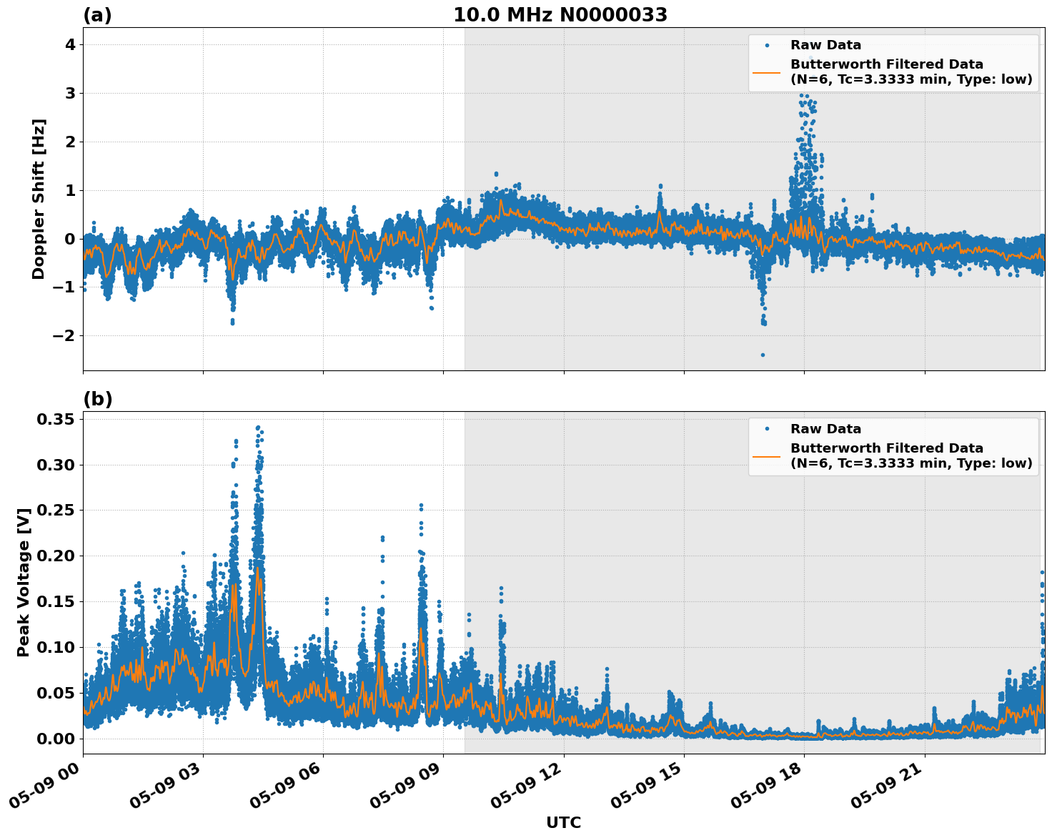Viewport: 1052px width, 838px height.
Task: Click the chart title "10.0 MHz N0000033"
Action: [x=560, y=15]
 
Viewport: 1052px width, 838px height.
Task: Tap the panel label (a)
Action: [x=97, y=15]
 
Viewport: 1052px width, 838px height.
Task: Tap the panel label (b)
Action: [x=97, y=399]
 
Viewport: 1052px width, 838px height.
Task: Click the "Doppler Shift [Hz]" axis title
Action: [x=39, y=199]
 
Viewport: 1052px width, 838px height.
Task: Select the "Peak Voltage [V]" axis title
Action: [x=24, y=583]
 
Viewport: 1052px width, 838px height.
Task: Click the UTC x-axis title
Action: [x=563, y=822]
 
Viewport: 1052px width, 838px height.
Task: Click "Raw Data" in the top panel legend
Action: [x=825, y=45]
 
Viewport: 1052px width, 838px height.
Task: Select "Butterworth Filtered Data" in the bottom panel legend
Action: [x=886, y=448]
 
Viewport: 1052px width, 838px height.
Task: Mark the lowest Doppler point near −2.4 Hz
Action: [x=763, y=355]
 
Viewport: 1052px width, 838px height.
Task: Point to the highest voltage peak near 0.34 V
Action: [x=258, y=428]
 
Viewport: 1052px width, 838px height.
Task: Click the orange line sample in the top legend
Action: [x=766, y=72]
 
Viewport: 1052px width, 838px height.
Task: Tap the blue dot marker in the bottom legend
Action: [x=766, y=429]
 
